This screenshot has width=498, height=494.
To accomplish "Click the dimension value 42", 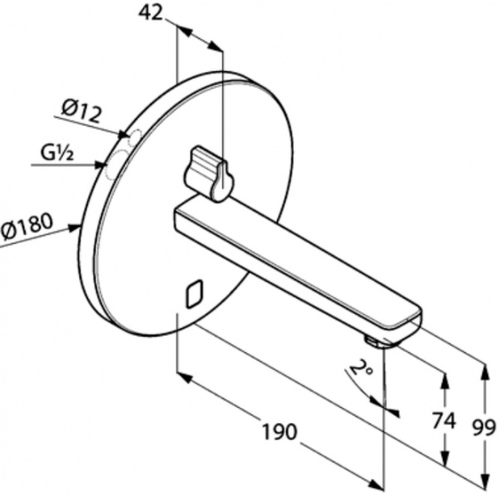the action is (x=150, y=13).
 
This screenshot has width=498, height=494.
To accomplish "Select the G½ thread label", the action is (x=57, y=154).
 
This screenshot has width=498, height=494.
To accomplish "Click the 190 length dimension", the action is (x=279, y=432).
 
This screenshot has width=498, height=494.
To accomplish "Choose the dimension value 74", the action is (x=444, y=421).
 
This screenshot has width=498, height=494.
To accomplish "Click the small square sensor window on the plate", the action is (x=194, y=293).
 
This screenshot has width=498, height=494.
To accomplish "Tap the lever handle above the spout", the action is (x=208, y=174).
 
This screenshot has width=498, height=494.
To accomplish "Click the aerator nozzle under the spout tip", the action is (x=372, y=341).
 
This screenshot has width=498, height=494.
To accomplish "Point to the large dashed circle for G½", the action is (x=116, y=165).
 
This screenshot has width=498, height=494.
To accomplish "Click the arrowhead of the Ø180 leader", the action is (x=75, y=227).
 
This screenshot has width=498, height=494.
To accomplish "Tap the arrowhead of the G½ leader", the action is (x=101, y=165).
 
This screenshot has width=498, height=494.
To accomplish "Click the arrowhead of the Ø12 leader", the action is (x=124, y=135).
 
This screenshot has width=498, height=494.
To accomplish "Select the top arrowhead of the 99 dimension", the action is (x=485, y=371).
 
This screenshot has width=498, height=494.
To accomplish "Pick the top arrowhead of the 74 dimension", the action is (x=445, y=380).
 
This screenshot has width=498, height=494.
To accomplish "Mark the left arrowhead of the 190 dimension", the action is (x=184, y=377).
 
